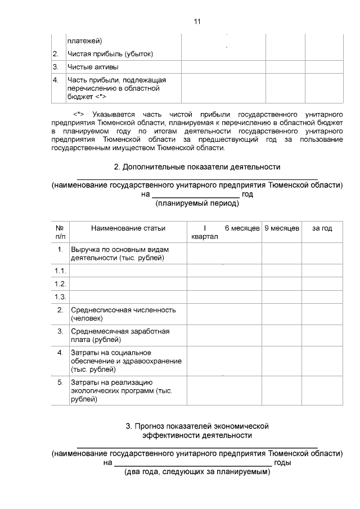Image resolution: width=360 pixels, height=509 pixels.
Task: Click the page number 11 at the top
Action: (197, 22)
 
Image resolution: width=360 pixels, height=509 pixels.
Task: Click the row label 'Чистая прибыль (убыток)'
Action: (110, 54)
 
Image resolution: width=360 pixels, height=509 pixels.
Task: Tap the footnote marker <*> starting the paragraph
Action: (79, 115)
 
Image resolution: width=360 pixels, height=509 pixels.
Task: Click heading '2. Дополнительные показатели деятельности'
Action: (197, 167)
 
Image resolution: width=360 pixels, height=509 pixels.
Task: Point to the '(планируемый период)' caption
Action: (197, 204)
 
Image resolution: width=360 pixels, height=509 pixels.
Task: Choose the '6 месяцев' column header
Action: (242, 228)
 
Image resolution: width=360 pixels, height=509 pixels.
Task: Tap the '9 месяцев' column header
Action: (281, 228)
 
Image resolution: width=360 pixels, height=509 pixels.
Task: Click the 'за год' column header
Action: (322, 228)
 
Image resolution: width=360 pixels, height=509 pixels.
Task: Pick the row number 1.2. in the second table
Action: (60, 283)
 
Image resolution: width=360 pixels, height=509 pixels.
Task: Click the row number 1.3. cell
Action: (60, 296)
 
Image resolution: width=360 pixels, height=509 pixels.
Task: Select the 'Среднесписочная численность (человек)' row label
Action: (123, 314)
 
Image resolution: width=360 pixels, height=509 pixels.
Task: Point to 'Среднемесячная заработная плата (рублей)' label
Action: (120, 336)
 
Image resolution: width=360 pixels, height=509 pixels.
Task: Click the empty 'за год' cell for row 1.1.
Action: (322, 271)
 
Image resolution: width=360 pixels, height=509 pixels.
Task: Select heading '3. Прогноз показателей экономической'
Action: (197, 426)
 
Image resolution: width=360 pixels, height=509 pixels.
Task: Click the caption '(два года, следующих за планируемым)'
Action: (197, 472)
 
